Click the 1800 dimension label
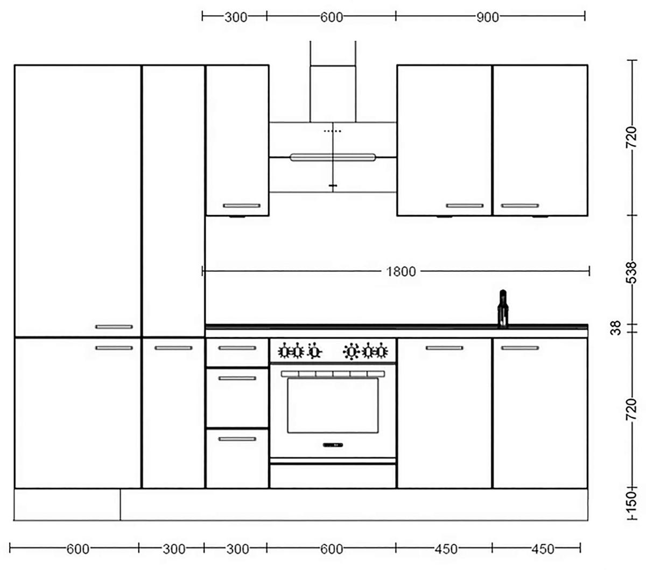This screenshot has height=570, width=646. click(401, 272)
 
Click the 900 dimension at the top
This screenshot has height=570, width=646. click(488, 17)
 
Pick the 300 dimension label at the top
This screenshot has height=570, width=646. click(235, 17)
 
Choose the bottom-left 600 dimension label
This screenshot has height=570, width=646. click(78, 549)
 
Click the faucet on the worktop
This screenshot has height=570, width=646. click(503, 309)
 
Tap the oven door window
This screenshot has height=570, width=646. click(332, 405)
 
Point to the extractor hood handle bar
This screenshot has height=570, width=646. click(333, 157)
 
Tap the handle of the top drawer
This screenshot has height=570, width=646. click(237, 348)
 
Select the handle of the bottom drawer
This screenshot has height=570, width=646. click(237, 439)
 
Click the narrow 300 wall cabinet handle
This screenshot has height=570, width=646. click(241, 205)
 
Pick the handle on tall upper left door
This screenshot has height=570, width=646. click(114, 326)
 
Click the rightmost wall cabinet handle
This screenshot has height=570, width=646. click(519, 205)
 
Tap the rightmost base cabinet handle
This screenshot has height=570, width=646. click(519, 348)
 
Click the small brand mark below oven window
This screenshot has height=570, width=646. click(333, 445)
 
